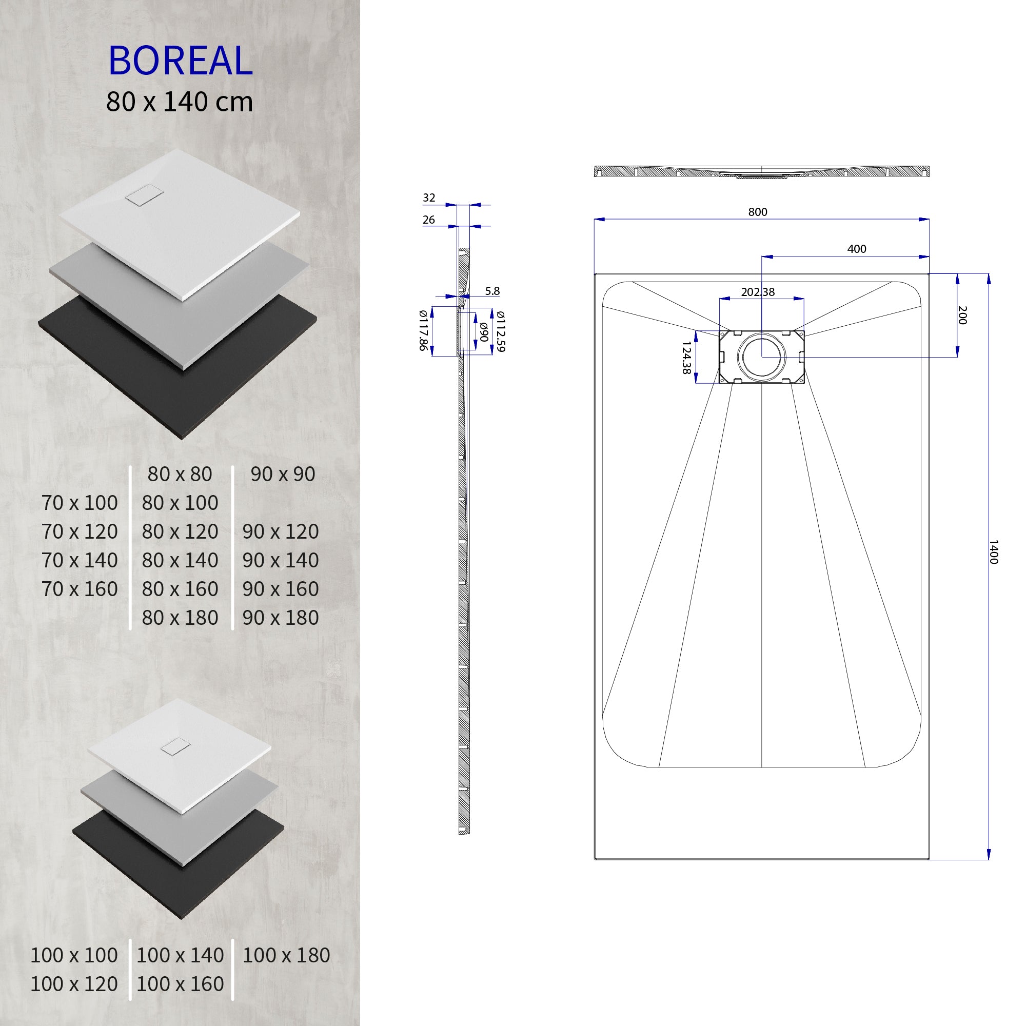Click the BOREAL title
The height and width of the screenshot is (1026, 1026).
[180, 61]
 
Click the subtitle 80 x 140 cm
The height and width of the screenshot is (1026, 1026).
[180, 102]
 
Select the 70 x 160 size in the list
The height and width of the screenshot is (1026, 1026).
[80, 589]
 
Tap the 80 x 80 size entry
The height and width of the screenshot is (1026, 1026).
[180, 473]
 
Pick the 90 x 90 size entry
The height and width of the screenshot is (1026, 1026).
[283, 473]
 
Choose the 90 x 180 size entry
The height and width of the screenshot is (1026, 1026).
[281, 618]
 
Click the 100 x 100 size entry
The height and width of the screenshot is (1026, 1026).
[74, 955]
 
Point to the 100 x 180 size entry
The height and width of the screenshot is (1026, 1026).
[286, 955]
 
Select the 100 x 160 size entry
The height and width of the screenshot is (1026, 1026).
[180, 984]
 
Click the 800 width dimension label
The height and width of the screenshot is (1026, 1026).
[757, 212]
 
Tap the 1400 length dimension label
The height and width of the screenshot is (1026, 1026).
[994, 553]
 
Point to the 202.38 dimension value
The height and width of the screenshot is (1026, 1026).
[757, 292]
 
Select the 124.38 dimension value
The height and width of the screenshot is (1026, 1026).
[686, 358]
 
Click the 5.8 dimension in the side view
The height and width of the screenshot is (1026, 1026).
[492, 291]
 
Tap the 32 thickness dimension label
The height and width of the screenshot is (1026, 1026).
[428, 198]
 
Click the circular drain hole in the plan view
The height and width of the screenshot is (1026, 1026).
[762, 357]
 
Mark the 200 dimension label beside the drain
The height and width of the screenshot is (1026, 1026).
[962, 315]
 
